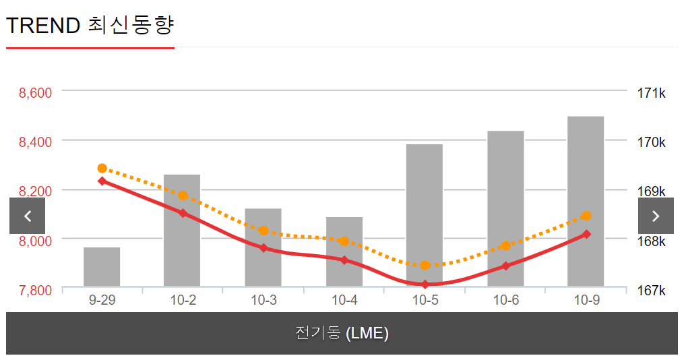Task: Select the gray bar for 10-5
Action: click(425, 202)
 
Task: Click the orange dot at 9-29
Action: click(102, 169)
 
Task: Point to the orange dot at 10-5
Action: click(425, 265)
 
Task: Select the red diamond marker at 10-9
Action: click(586, 235)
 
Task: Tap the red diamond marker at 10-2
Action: click(183, 213)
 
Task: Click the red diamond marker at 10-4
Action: click(344, 260)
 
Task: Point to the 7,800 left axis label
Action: click(36, 290)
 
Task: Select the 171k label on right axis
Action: click(651, 93)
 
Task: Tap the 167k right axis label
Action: click(651, 290)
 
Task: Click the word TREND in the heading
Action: click(43, 26)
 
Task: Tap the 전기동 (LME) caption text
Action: click(342, 333)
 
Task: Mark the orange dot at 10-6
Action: click(505, 246)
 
